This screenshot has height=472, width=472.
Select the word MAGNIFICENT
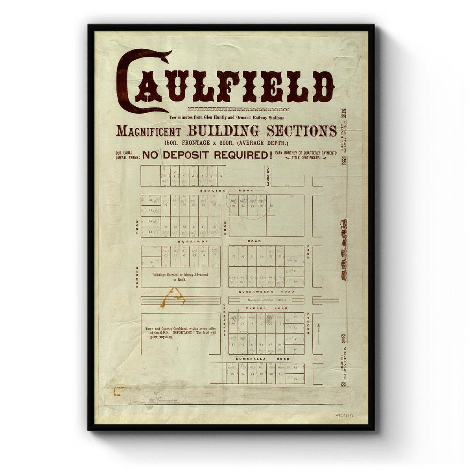coord(148,131)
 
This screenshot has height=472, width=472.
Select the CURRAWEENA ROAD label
coord(266,291)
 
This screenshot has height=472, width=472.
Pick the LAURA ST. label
coord(267,176)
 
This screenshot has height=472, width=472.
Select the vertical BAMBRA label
coord(137,277)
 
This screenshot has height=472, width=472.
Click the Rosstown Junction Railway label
coord(266,300)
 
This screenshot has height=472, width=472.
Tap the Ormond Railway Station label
coord(343,362)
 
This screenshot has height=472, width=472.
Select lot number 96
coord(232,373)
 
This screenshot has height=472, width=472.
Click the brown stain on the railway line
coord(172,298)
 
